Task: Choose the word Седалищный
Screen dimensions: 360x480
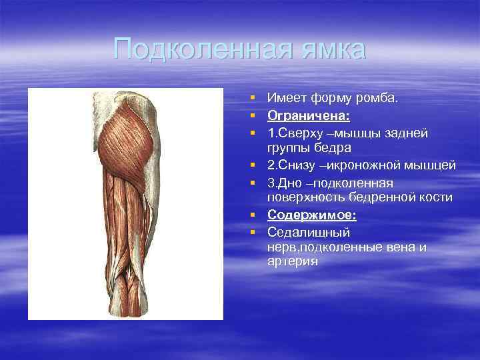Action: click(309, 232)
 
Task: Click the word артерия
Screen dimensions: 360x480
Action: click(293, 261)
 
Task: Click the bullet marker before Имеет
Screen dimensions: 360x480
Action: click(254, 99)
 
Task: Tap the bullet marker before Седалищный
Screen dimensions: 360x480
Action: click(254, 233)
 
